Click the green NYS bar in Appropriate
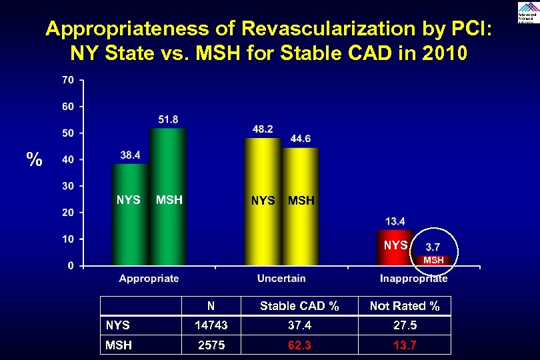[129, 213]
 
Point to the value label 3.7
[432, 247]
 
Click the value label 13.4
[395, 221]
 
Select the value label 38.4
[130, 155]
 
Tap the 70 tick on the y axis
[67, 80]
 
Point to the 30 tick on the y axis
[67, 186]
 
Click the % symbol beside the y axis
[34, 160]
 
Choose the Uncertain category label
[281, 279]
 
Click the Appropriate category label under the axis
[149, 279]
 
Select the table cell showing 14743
[211, 325]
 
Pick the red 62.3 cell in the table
[299, 345]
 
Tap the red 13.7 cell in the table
[405, 345]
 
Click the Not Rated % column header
[405, 306]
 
